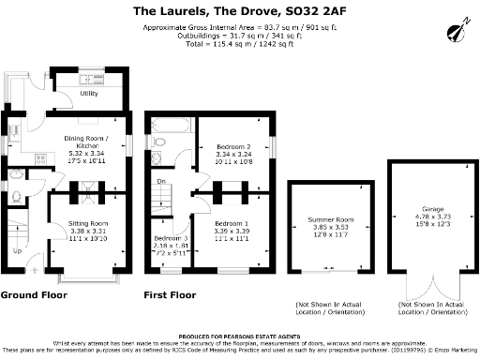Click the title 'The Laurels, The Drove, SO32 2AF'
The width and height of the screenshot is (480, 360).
coord(241,11)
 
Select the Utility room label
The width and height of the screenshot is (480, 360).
coord(89,94)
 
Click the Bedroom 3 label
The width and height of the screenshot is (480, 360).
coord(171,239)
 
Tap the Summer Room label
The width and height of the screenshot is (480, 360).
coord(328,219)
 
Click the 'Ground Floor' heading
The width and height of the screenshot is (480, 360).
coord(32,294)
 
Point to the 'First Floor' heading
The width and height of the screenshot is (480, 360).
coord(170,294)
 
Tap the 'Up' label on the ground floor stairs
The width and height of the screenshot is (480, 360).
coord(17,251)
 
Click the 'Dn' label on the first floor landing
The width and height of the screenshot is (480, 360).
coord(160,182)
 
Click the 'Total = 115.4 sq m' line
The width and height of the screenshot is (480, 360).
coord(241,43)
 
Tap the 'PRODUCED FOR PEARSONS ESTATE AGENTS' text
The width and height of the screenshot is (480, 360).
coord(240,335)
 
